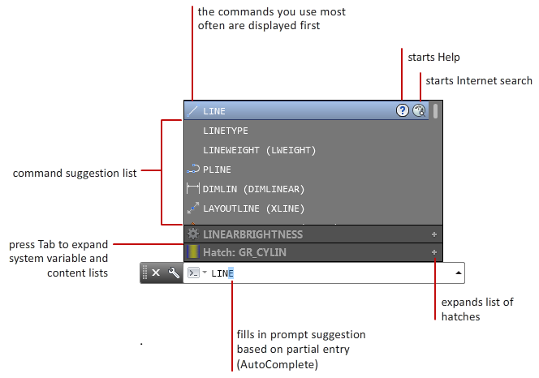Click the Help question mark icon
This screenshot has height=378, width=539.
click(402, 111)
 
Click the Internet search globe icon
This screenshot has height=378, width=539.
click(419, 111)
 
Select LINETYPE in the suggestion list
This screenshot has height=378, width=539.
click(226, 131)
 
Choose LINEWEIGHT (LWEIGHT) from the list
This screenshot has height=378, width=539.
click(259, 150)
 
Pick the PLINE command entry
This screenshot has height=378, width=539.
click(217, 170)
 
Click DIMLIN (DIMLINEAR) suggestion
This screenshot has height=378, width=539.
click(253, 189)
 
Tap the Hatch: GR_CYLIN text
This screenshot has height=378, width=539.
click(244, 252)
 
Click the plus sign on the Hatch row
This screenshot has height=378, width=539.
click(434, 252)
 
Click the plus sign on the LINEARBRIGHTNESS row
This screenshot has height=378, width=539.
click(434, 234)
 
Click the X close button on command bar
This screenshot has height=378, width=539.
click(156, 273)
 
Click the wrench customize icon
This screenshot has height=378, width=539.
click(173, 273)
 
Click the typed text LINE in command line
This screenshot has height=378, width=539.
click(222, 274)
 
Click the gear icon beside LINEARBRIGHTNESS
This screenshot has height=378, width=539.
click(193, 234)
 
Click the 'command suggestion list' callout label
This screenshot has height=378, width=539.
click(74, 172)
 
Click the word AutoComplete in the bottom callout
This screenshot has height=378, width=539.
click(277, 365)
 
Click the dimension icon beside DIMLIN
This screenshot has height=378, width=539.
click(193, 189)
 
